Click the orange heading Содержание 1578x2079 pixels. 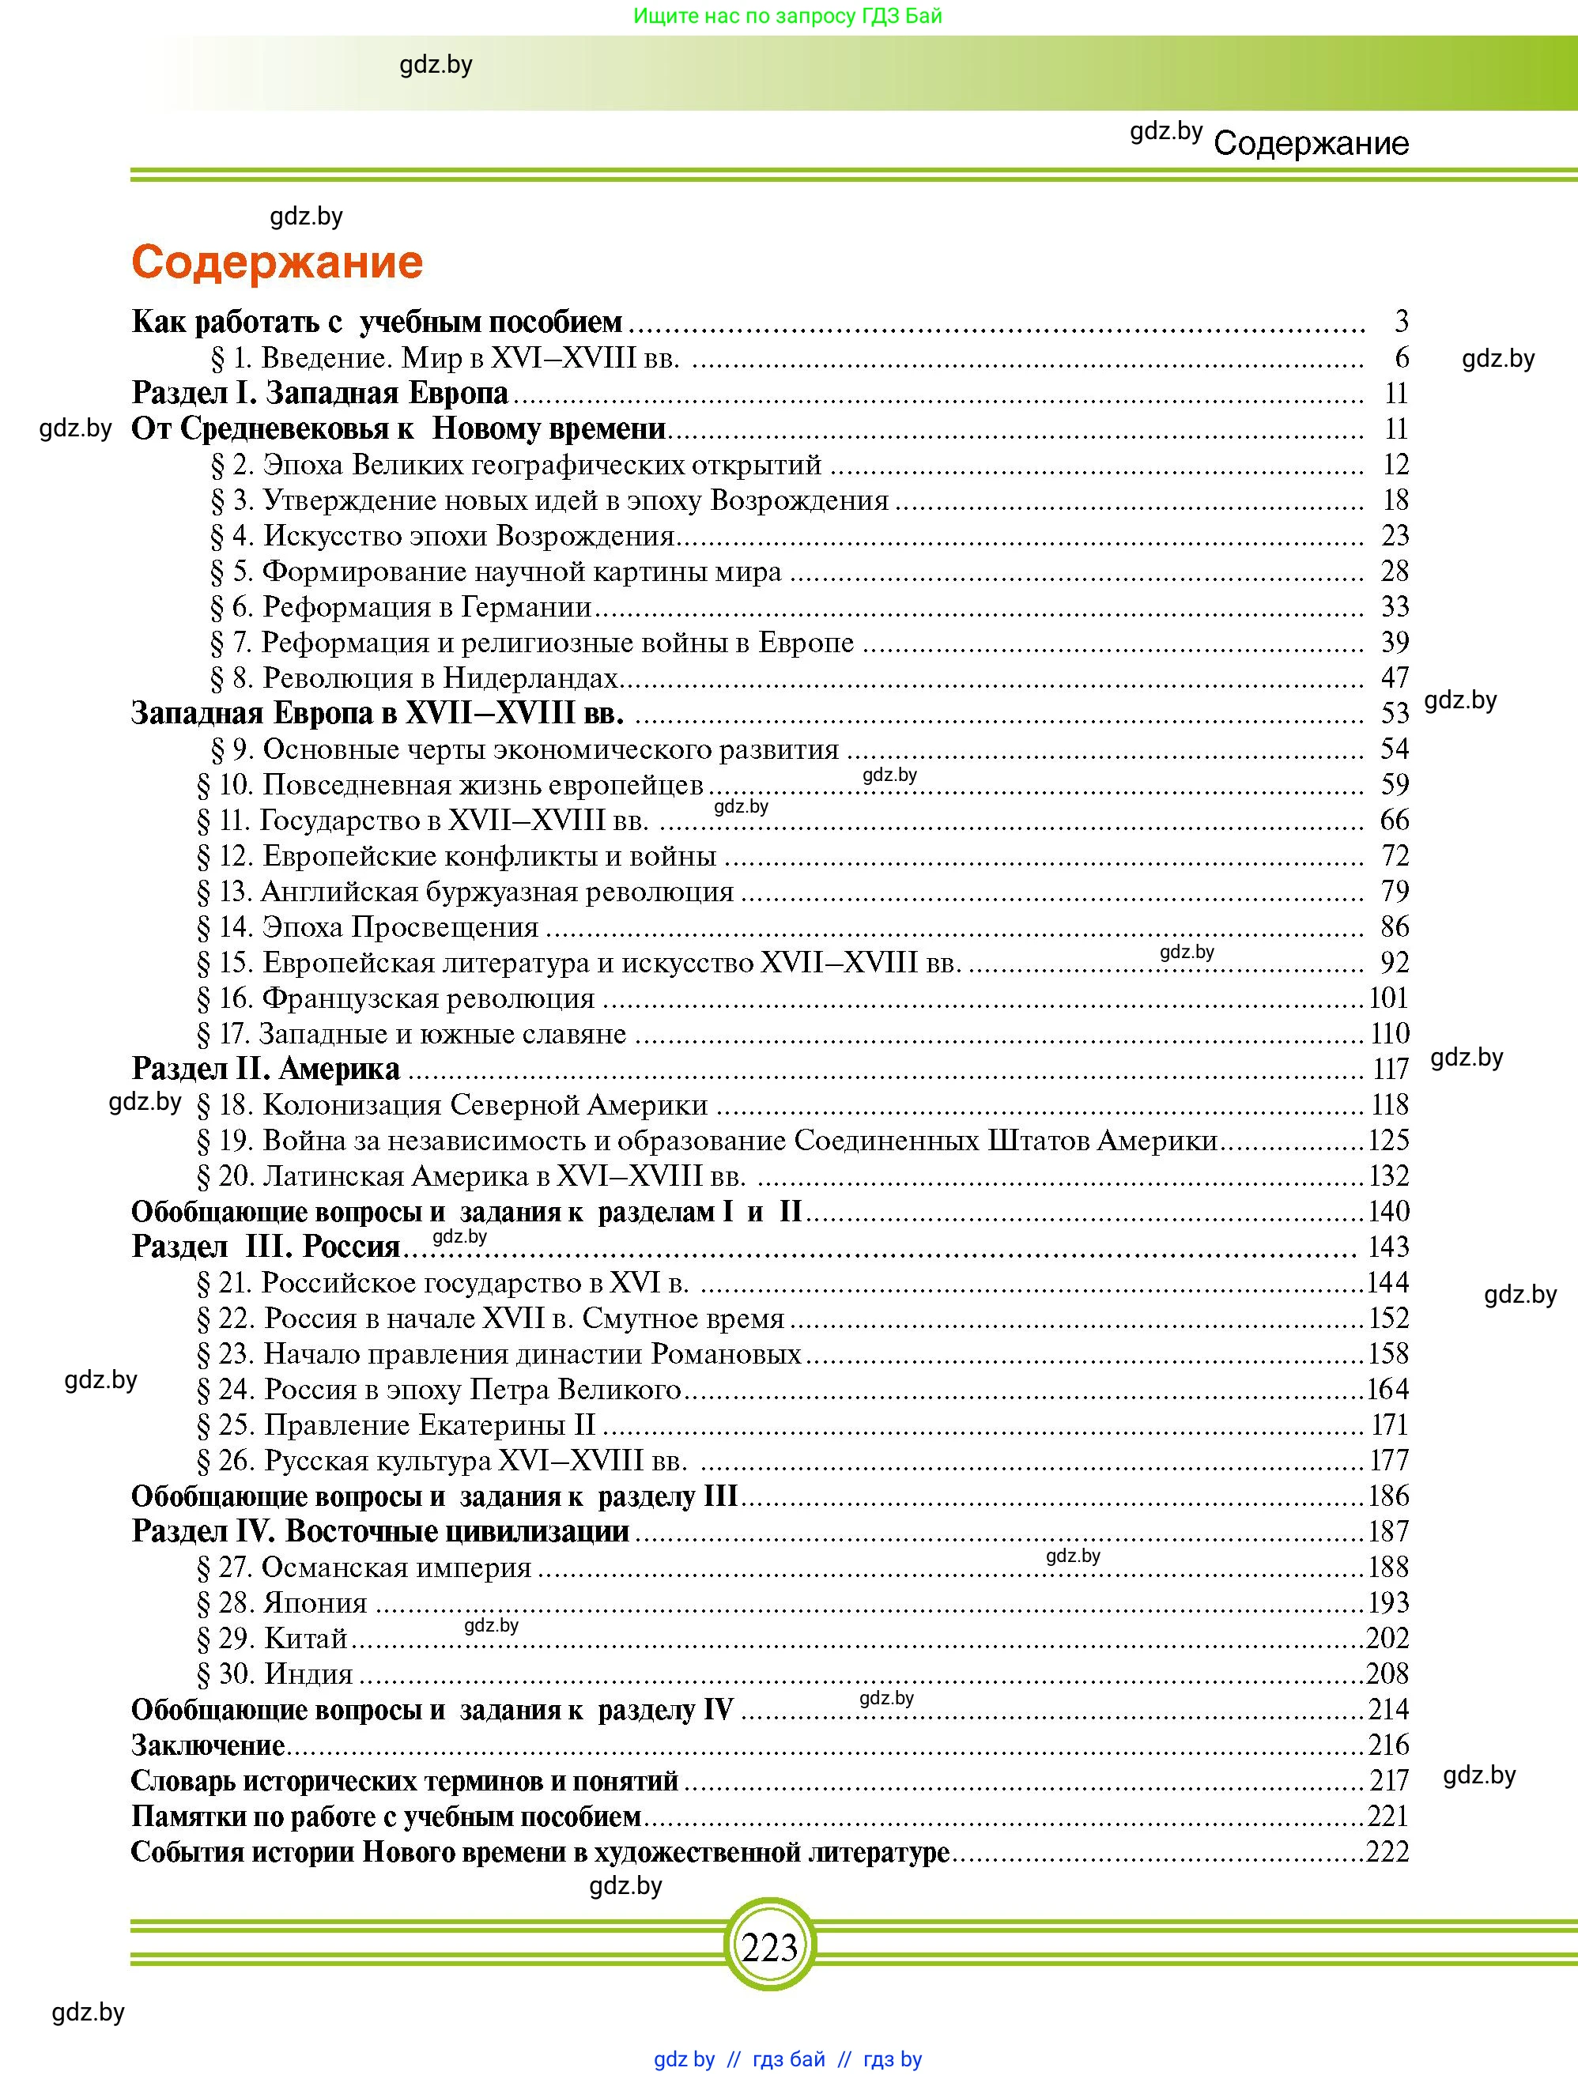click(277, 262)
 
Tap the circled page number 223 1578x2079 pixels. click(768, 1946)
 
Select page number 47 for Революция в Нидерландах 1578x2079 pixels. click(1395, 677)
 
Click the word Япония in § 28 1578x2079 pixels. click(315, 1602)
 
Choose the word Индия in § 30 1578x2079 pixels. click(308, 1674)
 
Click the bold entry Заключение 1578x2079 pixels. click(208, 1745)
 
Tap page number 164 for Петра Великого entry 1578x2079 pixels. click(1387, 1389)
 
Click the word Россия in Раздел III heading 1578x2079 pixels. click(350, 1247)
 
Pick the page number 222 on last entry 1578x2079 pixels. click(1387, 1851)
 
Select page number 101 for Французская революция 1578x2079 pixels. click(1389, 998)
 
